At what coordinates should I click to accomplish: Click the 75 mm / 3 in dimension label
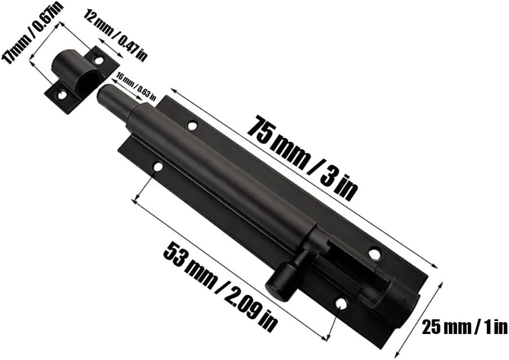pyautogui.click(x=303, y=158)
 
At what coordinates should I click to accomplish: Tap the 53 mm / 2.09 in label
pyautogui.click(x=221, y=288)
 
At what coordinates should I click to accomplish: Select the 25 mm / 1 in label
pyautogui.click(x=464, y=327)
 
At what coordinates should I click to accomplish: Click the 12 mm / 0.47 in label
pyautogui.click(x=115, y=35)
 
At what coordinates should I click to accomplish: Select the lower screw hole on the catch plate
pyautogui.click(x=62, y=95)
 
